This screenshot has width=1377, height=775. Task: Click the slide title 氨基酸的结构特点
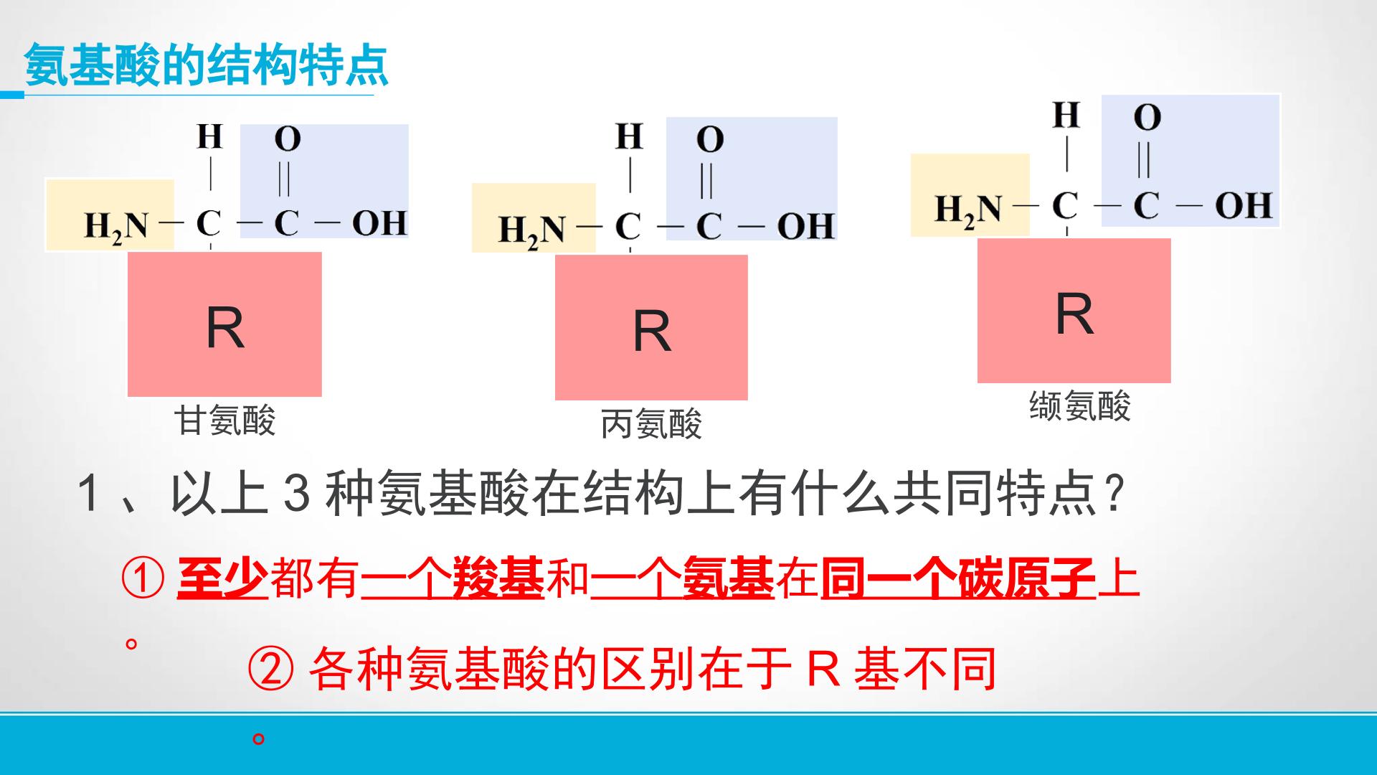[206, 65]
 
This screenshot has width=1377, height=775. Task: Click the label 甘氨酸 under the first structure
[225, 420]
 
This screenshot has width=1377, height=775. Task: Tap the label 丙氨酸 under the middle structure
[651, 424]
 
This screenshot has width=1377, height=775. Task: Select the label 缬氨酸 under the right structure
[1080, 405]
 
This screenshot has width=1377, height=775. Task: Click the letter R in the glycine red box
[225, 328]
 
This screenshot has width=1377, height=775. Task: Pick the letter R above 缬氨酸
[1074, 314]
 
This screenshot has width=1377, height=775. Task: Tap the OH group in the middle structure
[805, 226]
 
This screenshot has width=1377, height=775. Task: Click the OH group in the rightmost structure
[1244, 205]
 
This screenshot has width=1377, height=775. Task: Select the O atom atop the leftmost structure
[288, 138]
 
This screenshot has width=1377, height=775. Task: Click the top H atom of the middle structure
[629, 136]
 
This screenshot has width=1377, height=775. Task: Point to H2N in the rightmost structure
[968, 210]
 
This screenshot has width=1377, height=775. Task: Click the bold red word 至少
[222, 578]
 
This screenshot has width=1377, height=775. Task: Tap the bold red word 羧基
[498, 578]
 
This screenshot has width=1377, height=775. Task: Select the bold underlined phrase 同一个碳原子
[958, 578]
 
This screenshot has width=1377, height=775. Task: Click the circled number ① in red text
[143, 579]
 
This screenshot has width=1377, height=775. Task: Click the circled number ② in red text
[270, 669]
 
